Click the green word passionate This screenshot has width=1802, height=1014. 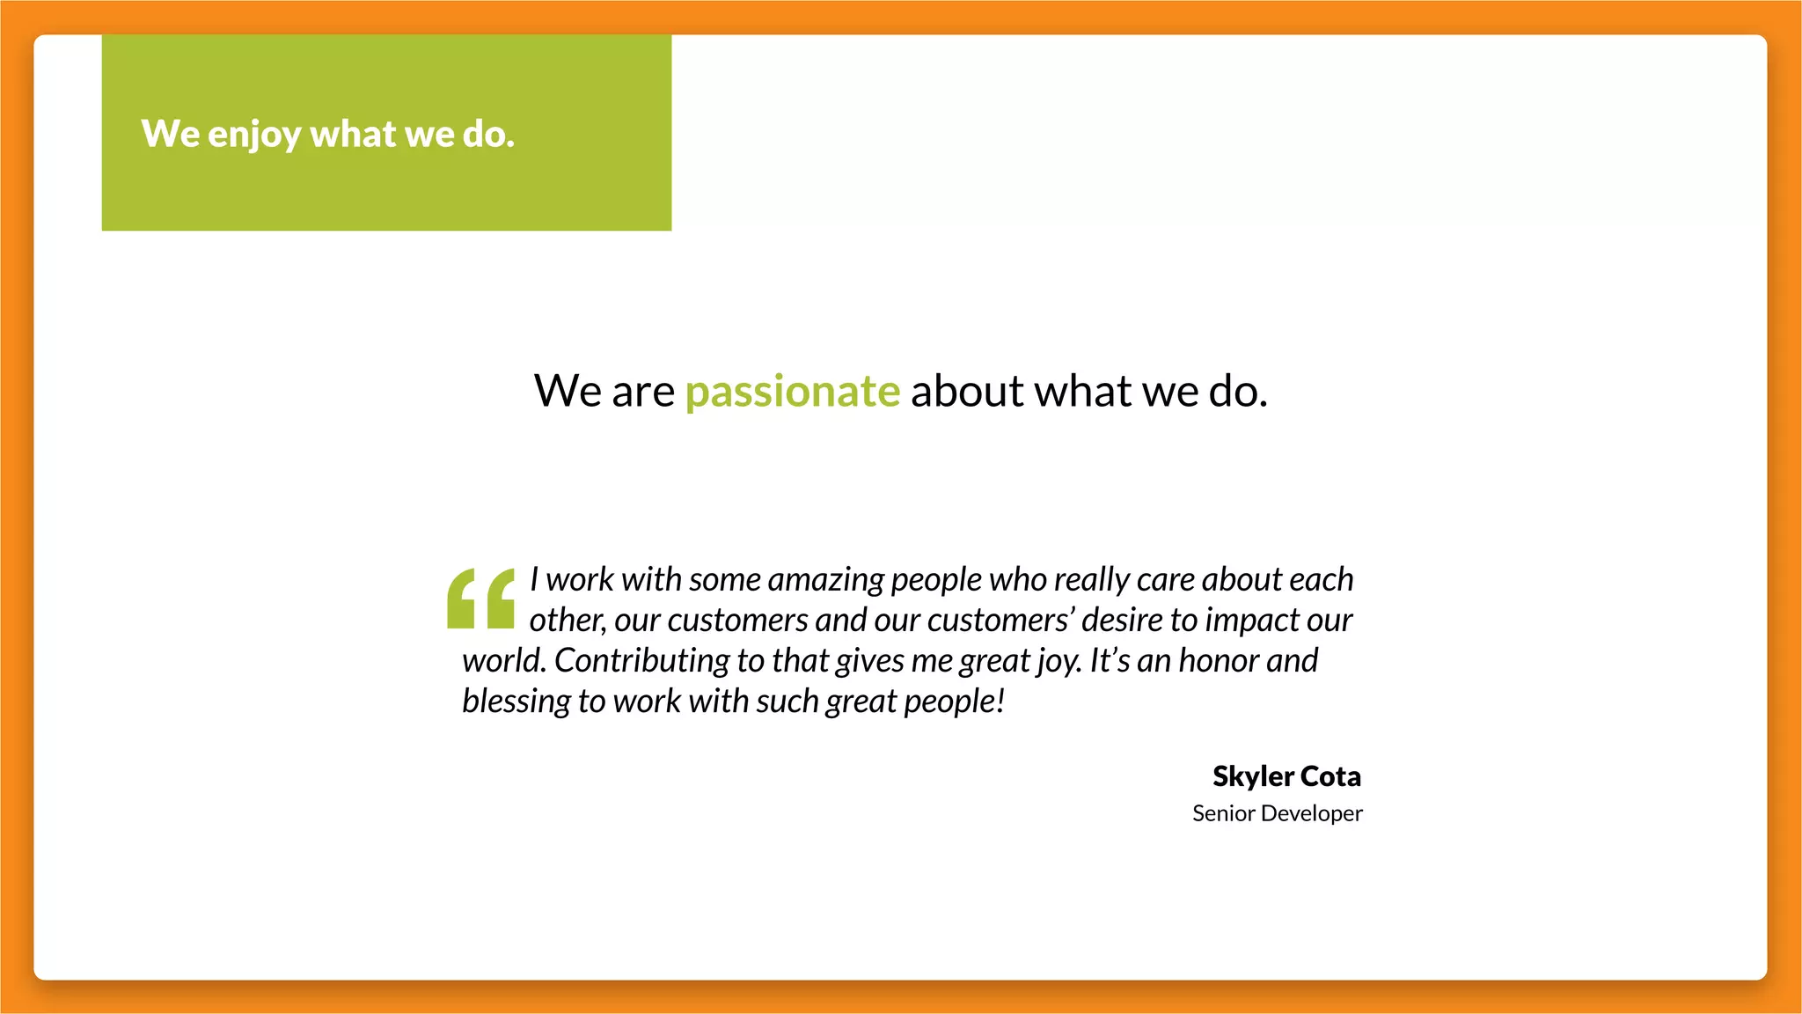[x=793, y=392]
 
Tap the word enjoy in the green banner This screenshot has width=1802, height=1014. [x=254, y=135]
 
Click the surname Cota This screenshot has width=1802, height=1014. [x=1330, y=776]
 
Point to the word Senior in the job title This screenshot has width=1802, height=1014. [x=1223, y=813]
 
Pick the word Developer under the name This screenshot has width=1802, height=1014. [x=1312, y=814]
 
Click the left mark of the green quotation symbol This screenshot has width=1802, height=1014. [x=462, y=599]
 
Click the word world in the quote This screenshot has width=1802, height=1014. [x=503, y=661]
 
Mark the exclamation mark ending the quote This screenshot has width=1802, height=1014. [x=1000, y=701]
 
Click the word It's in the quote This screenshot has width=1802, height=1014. [x=1109, y=661]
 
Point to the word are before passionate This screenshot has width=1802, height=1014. [x=643, y=392]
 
